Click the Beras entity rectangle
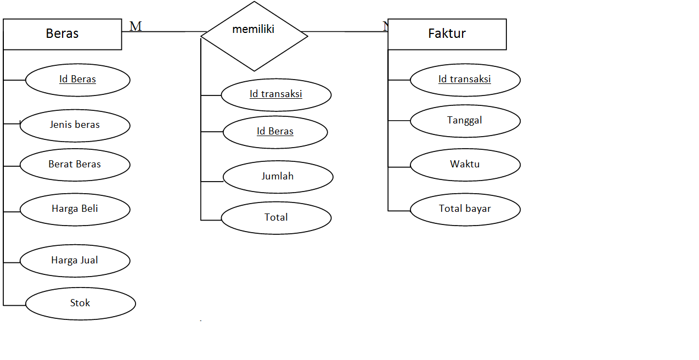pyautogui.click(x=62, y=34)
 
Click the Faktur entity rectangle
pyautogui.click(x=447, y=34)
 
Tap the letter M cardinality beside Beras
pyautogui.click(x=136, y=26)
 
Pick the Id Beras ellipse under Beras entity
pyautogui.click(x=77, y=80)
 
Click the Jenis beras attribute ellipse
pyautogui.click(x=75, y=125)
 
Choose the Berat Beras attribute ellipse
pyautogui.click(x=75, y=165)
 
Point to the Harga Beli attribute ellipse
pyautogui.click(x=75, y=209)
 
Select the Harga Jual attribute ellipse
pyautogui.click(x=75, y=261)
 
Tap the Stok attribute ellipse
pyautogui.click(x=80, y=303)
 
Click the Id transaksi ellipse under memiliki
pyautogui.click(x=276, y=94)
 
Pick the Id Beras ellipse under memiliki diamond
pyautogui.click(x=275, y=132)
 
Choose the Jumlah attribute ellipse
pyautogui.click(x=278, y=177)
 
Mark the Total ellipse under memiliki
pyautogui.click(x=276, y=218)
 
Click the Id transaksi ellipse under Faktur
pyautogui.click(x=465, y=80)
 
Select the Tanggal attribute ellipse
pyautogui.click(x=465, y=121)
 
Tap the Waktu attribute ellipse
pyautogui.click(x=465, y=165)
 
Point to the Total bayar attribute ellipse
pyautogui.click(x=465, y=209)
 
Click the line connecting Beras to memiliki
pyautogui.click(x=165, y=31)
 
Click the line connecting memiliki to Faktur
pyautogui.click(x=346, y=31)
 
